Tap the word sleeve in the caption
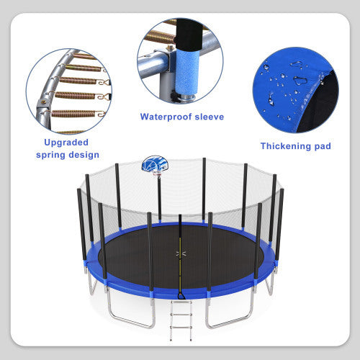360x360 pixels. (208, 117)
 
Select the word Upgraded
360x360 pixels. (66, 142)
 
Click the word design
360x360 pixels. (84, 155)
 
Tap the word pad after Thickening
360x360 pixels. (321, 146)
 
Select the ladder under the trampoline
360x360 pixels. (180, 313)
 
